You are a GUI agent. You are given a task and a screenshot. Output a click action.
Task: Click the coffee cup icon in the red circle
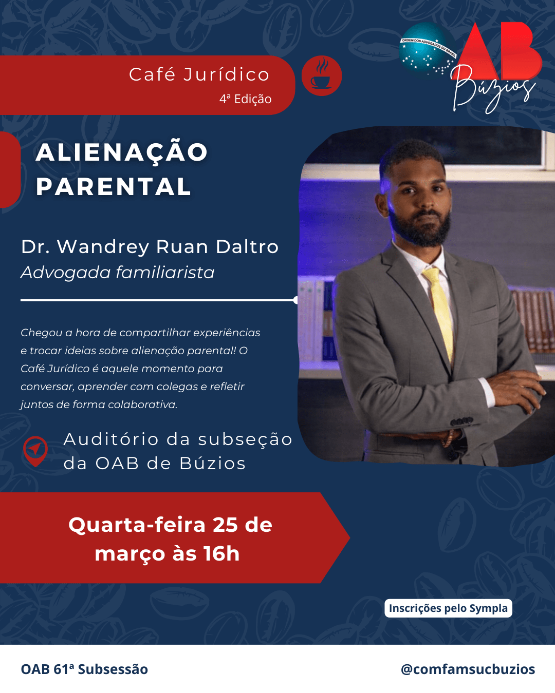[x=322, y=76]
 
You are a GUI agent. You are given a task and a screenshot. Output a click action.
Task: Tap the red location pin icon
[x=35, y=450]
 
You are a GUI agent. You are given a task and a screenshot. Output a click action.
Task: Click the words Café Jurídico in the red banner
[x=199, y=74]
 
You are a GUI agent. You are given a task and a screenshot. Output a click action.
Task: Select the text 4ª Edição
[x=245, y=99]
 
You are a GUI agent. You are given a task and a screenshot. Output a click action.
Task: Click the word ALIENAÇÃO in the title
[x=122, y=152]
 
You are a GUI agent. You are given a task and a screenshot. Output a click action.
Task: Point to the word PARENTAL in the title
[x=114, y=187]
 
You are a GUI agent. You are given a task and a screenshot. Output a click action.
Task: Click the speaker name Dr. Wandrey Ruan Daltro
[x=150, y=247]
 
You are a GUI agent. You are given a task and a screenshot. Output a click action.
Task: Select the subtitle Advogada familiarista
[x=117, y=273]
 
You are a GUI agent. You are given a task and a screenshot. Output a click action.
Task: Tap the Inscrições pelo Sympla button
[x=448, y=608]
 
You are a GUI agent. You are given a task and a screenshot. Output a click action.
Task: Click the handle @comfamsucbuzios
[x=468, y=669]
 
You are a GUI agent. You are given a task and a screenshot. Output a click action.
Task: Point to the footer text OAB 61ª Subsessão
[x=84, y=669]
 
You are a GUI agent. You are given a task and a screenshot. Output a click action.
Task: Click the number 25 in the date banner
[x=225, y=525]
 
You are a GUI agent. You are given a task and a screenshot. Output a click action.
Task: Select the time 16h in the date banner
[x=221, y=554]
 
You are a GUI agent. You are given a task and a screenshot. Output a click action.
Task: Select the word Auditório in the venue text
[x=111, y=439]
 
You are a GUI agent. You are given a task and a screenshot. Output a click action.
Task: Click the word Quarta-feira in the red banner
[x=137, y=525]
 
